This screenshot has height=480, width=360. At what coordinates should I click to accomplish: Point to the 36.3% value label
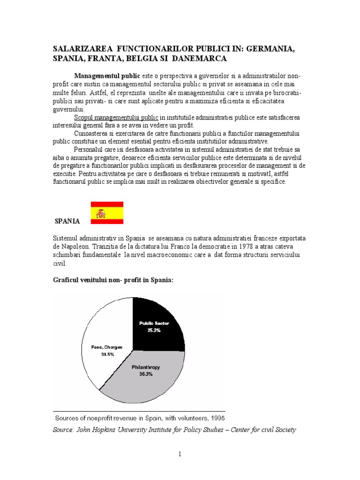(146, 375)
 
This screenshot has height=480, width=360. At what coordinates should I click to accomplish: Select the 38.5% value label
(107, 354)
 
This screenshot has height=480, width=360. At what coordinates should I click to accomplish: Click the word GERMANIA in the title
(273, 50)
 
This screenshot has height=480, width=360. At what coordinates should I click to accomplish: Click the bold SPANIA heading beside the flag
(67, 221)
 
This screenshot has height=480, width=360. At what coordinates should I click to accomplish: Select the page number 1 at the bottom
(180, 454)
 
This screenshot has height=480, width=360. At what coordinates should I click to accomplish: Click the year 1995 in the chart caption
(216, 418)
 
